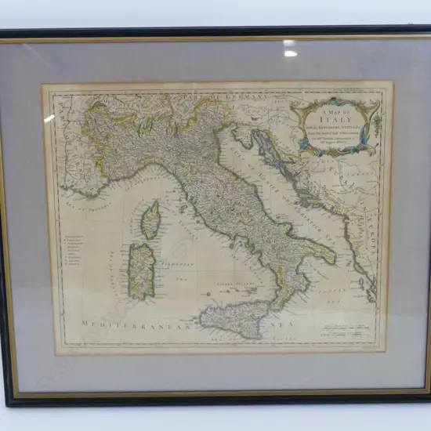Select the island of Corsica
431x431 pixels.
point(150,220)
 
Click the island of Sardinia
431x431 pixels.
point(141,270)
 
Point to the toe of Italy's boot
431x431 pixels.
point(275,302)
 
